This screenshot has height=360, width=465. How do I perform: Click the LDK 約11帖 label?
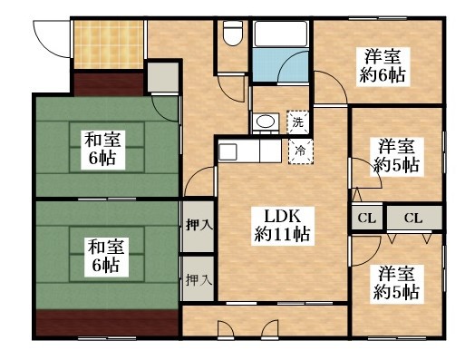point(283,223)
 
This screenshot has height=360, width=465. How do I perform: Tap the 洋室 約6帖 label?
point(381,63)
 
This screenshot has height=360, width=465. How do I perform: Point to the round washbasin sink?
point(266,122)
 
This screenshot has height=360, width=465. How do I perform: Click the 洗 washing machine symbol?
point(297,121)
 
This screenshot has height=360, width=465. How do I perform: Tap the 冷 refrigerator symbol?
point(297,151)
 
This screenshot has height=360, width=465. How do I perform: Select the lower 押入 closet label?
point(199,280)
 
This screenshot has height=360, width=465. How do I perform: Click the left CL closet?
point(366,218)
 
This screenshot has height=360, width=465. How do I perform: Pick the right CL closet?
point(413,218)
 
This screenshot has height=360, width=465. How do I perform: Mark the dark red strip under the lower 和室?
point(106,323)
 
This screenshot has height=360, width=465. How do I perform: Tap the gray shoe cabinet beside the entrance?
point(162,78)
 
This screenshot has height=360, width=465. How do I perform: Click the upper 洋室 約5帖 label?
point(397,154)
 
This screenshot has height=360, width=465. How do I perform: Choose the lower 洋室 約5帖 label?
point(397,282)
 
